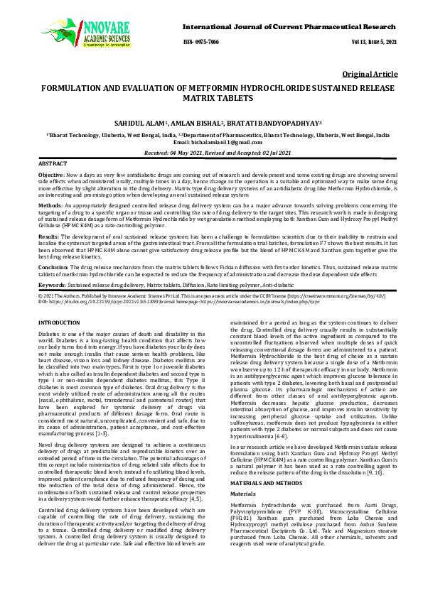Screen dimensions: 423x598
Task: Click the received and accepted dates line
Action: (x=211, y=152)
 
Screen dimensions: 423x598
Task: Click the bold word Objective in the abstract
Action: (x=50, y=174)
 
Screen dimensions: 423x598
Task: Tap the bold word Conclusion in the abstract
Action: (x=53, y=266)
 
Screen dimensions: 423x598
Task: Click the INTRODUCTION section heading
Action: (x=60, y=323)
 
